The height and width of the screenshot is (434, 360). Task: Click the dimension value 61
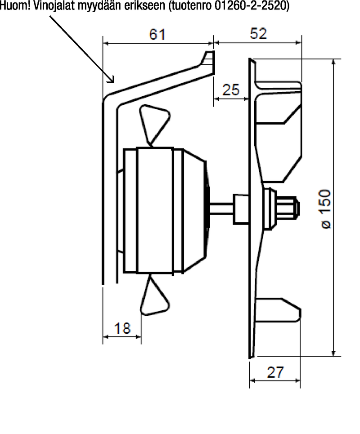pyautogui.click(x=157, y=35)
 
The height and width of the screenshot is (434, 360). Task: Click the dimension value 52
pyautogui.click(x=258, y=33)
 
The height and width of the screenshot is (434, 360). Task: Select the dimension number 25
pyautogui.click(x=231, y=90)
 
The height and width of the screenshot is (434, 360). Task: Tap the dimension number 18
pyautogui.click(x=122, y=328)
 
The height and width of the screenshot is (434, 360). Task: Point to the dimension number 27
pyautogui.click(x=275, y=372)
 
